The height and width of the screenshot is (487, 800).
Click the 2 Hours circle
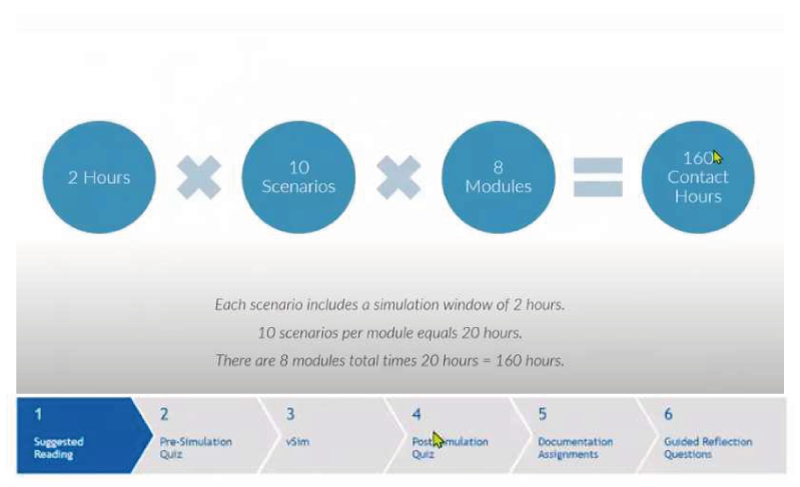(x=99, y=177)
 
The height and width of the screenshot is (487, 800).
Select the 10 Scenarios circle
(x=298, y=177)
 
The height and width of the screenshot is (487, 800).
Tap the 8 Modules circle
(x=498, y=177)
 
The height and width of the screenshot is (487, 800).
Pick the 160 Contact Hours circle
(x=697, y=177)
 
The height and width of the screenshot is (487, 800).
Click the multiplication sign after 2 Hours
(x=199, y=177)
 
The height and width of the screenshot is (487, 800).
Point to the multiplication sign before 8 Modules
(x=398, y=177)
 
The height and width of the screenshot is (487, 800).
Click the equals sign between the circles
(x=598, y=177)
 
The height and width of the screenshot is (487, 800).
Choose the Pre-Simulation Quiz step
(x=196, y=447)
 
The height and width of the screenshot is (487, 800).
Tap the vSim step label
(x=297, y=442)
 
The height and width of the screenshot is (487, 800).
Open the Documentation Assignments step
(x=575, y=447)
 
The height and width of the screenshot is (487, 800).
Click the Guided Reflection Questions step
(x=708, y=447)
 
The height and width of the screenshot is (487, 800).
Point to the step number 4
(x=416, y=414)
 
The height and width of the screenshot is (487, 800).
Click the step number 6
(x=668, y=414)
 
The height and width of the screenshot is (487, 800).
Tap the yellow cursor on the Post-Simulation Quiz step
(x=438, y=439)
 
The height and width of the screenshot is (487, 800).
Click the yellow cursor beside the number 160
(x=718, y=157)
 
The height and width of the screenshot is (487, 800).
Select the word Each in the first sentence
(x=227, y=304)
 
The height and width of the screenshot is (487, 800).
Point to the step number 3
(x=290, y=414)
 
